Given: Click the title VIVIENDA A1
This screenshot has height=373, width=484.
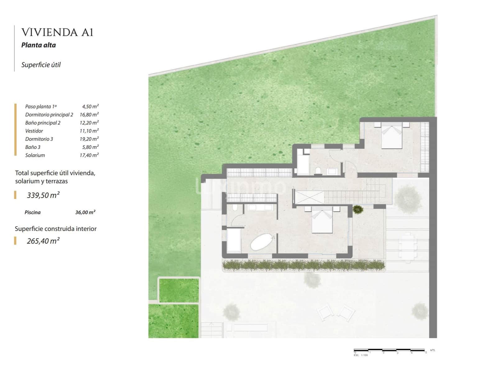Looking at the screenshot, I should (x=57, y=32).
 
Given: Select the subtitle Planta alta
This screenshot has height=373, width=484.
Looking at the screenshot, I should (x=39, y=45).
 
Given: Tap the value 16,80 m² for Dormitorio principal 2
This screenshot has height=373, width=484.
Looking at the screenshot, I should (x=89, y=115).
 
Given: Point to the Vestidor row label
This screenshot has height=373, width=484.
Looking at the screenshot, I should (x=34, y=131).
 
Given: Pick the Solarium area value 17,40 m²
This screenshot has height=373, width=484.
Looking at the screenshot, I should (x=89, y=155).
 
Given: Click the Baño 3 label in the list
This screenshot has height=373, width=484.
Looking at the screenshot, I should (x=33, y=147).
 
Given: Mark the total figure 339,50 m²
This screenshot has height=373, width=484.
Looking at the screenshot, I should (x=43, y=195).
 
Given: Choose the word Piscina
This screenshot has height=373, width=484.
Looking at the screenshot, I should (x=33, y=212).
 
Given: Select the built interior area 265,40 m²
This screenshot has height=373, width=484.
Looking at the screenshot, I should (x=43, y=241).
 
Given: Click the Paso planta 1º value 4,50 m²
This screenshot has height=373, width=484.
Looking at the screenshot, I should (x=90, y=107).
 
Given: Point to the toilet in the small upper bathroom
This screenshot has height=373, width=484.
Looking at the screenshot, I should (x=318, y=171).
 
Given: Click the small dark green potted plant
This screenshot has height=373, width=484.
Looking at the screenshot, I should (x=358, y=209).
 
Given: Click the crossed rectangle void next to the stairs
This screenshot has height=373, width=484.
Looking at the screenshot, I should (x=309, y=197).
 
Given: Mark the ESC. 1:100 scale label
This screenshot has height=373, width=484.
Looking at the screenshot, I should (x=361, y=355).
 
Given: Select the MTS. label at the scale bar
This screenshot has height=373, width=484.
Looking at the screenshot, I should (x=433, y=350).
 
